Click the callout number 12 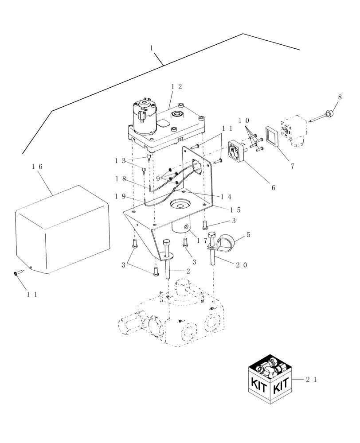(x=176, y=87)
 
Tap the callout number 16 (x=37, y=167)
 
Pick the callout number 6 (x=273, y=187)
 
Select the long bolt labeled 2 (x=169, y=261)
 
